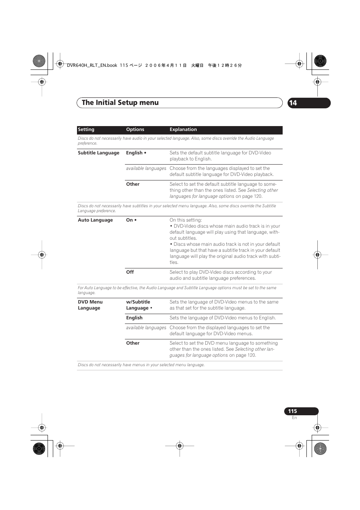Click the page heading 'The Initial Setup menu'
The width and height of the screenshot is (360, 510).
coord(120,103)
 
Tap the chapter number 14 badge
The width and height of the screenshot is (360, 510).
coord(293,103)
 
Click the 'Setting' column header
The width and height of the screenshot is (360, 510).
coord(86,129)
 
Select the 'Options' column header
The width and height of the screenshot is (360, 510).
coord(135,129)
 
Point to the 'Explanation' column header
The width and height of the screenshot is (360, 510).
coord(183,129)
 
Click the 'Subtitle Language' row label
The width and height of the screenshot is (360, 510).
coord(98,153)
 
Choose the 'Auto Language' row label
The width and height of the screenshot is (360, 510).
coord(95,220)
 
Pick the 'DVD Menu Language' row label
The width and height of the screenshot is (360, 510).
coord(90,305)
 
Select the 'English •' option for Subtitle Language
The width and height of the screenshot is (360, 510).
coord(136,153)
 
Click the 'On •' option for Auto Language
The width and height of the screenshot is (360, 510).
coord(131,220)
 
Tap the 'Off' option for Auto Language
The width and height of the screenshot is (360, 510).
coord(130,272)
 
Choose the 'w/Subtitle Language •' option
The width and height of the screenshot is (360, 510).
coord(139,305)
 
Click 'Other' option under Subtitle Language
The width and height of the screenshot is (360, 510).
coord(133,184)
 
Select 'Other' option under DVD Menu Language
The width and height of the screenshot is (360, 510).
coord(133,343)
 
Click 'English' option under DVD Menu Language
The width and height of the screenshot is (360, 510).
coord(134,318)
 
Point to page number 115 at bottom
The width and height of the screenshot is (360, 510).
coord(292,411)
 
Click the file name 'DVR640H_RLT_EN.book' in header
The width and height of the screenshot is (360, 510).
coord(92,65)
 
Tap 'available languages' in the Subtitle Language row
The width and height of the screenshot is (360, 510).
coord(146,168)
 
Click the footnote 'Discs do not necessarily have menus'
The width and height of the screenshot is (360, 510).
coord(141,365)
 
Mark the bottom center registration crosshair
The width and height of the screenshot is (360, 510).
coord(180,446)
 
